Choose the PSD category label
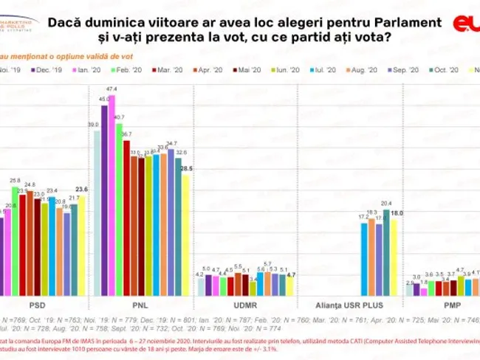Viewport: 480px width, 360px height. (x=44, y=304)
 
